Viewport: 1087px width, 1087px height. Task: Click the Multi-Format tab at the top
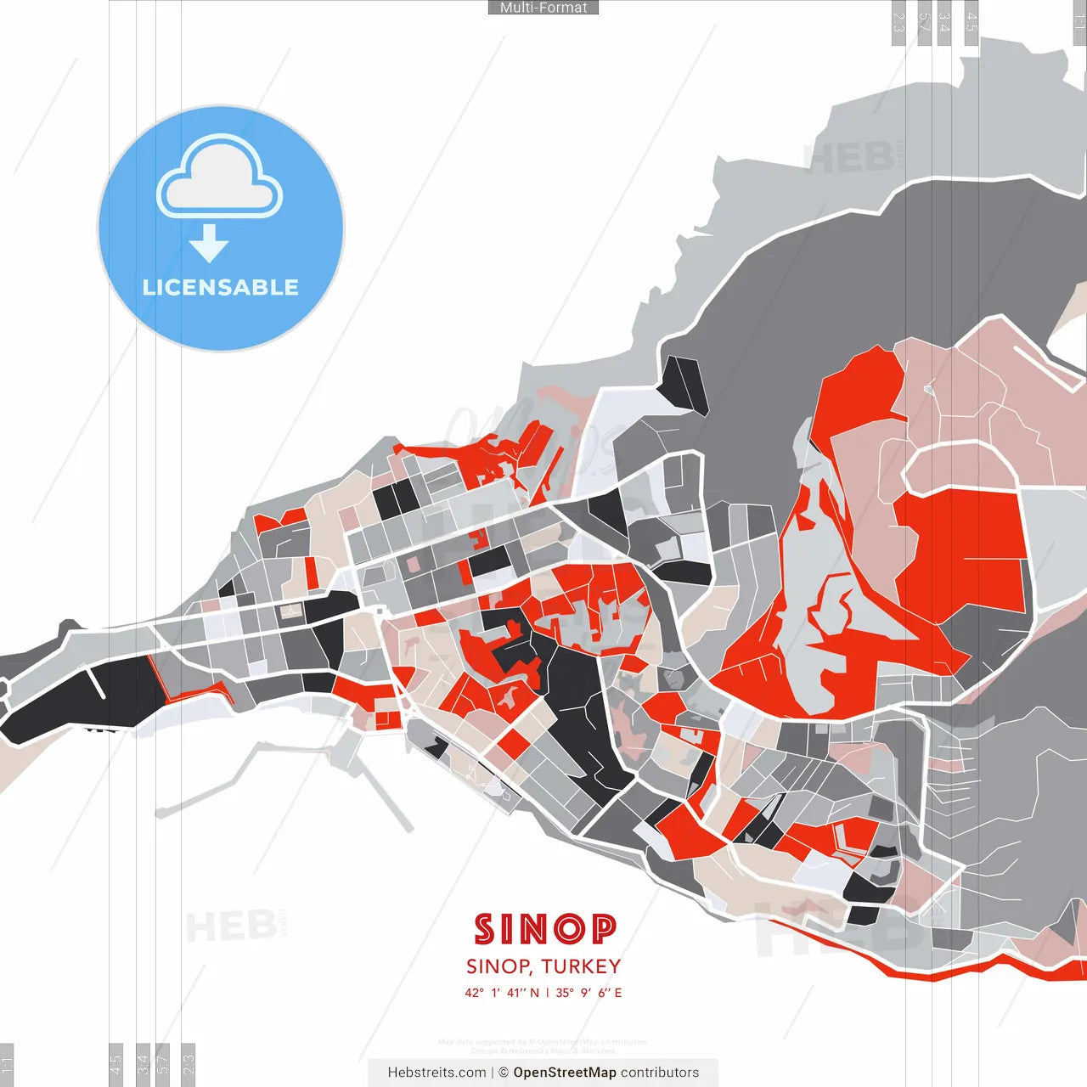(x=543, y=8)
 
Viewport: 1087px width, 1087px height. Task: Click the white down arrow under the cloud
(x=209, y=245)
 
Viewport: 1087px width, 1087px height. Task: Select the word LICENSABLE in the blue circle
(x=220, y=287)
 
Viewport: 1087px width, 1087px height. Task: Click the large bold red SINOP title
(x=544, y=929)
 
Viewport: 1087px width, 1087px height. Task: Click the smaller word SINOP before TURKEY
(x=498, y=966)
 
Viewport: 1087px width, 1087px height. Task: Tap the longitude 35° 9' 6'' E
(x=589, y=993)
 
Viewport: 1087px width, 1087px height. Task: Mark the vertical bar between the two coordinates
(x=548, y=993)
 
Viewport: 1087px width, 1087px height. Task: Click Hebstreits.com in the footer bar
(x=436, y=1073)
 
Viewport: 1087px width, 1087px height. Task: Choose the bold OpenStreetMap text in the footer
(x=565, y=1073)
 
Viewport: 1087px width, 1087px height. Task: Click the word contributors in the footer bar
(x=660, y=1073)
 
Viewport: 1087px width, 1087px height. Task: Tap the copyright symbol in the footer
(x=504, y=1073)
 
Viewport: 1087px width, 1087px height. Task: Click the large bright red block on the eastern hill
(x=968, y=543)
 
